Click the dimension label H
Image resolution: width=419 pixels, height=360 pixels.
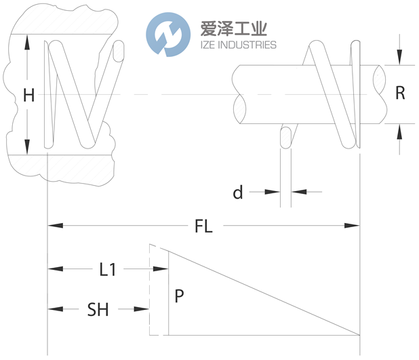[x=28, y=96]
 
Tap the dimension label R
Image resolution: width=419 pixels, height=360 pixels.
[x=400, y=94]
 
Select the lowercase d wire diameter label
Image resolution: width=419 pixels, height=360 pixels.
[x=238, y=193]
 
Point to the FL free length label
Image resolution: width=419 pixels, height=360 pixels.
[x=203, y=226]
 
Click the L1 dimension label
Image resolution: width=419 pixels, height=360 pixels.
[x=108, y=270]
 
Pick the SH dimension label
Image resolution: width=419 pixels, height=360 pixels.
[x=98, y=310]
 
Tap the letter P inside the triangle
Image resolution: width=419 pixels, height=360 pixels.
[x=179, y=296]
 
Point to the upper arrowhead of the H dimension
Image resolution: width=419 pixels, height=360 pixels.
[x=28, y=41]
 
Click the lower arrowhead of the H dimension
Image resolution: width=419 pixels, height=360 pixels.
[x=28, y=147]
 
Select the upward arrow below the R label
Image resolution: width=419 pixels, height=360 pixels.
[x=400, y=130]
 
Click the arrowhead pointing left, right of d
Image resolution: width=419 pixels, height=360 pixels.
[x=297, y=193]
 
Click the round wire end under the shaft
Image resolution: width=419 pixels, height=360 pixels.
[x=285, y=137]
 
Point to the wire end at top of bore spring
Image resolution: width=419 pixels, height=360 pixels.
[x=120, y=51]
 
